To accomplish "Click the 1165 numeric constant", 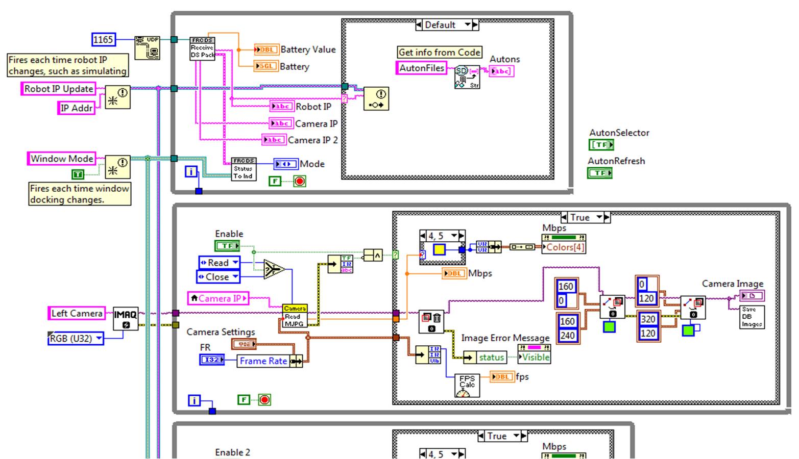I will [x=103, y=39].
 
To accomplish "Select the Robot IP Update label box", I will [x=59, y=89].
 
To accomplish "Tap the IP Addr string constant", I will [x=77, y=108].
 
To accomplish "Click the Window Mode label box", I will [x=62, y=159].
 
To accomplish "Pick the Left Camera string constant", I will [x=77, y=313].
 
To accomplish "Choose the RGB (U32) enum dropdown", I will [x=76, y=338].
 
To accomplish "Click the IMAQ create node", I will [x=125, y=319].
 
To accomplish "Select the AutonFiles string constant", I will [x=421, y=68].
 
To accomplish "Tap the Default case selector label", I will [x=440, y=25].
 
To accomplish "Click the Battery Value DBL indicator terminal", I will [x=266, y=49].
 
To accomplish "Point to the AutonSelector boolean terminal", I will [x=600, y=145].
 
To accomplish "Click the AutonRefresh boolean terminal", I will [x=600, y=173].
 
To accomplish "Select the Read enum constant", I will [x=219, y=263].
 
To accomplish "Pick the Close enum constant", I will [x=217, y=277].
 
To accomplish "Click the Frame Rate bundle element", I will [x=263, y=361].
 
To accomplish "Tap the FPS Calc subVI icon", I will [x=467, y=386].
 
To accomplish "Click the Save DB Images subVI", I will [x=752, y=317].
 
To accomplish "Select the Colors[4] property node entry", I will [x=565, y=247].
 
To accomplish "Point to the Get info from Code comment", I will [x=439, y=52].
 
